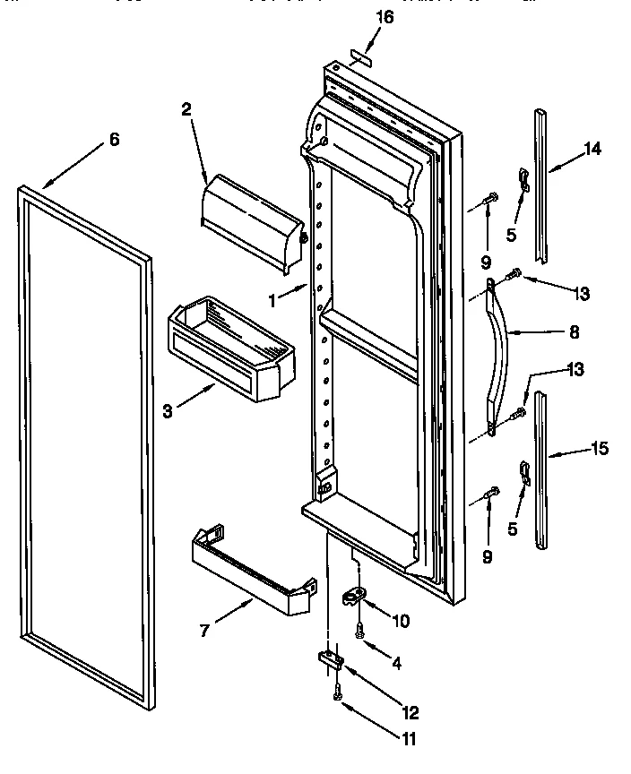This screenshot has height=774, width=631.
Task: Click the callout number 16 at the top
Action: [x=383, y=18]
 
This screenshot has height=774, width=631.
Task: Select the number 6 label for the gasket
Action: [x=114, y=139]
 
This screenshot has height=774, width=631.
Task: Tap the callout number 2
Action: [x=186, y=110]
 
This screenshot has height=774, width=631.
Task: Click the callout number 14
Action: [x=592, y=150]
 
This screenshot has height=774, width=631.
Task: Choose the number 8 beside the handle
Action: [x=574, y=331]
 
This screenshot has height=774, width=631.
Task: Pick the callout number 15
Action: [x=599, y=449]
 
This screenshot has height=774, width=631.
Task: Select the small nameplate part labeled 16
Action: [x=362, y=56]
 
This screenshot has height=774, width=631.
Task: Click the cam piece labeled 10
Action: [x=356, y=596]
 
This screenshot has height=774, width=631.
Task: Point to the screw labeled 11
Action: [x=338, y=692]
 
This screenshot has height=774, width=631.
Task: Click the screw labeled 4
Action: [x=360, y=632]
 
